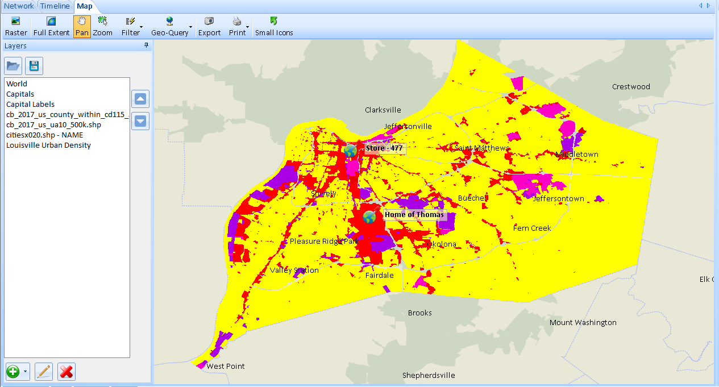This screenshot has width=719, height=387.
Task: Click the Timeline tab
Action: pos(55,6)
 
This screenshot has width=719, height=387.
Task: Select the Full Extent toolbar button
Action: pos(51,26)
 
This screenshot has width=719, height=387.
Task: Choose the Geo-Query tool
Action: pos(169,26)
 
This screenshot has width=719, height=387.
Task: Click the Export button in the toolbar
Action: pos(209,26)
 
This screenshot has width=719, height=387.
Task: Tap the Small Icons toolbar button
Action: pos(274,26)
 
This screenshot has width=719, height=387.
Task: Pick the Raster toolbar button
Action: pos(16,26)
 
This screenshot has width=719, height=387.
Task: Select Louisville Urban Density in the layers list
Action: pos(48,145)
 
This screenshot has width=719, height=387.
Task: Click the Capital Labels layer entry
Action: pos(30,104)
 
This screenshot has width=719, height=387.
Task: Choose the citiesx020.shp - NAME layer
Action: pos(44,135)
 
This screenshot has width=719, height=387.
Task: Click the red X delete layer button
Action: pos(67,372)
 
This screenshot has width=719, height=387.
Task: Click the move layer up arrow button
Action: pos(140,99)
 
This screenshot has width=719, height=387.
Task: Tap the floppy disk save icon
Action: pos(34,66)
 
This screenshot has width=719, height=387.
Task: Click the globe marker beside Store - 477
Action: pos(350,151)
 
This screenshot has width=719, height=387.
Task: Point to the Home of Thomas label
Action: pos(414,215)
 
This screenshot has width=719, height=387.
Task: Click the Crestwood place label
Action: pos(631,86)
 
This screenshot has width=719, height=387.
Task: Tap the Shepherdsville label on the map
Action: pos(429,375)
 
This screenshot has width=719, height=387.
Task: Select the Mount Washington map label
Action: pos(583,322)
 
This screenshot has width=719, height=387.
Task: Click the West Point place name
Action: pos(226,366)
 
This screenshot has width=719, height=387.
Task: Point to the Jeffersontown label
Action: pos(558,198)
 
